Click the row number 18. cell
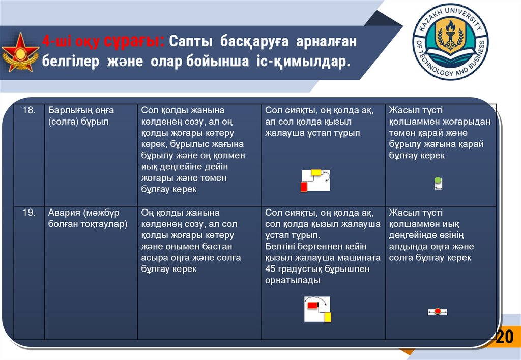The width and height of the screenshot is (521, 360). coord(28,110)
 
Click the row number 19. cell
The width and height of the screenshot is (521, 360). coord(28,213)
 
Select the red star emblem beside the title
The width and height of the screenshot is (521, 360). coord(20,52)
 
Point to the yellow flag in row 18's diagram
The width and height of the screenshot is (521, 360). coord(316,172)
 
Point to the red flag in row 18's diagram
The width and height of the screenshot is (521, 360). coord(304,187)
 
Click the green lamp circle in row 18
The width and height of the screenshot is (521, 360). coord(438,180)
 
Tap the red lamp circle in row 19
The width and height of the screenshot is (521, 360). coord(438,311)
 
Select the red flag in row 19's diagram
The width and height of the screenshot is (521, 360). coord(311,305)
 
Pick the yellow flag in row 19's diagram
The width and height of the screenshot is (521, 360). coord(327,317)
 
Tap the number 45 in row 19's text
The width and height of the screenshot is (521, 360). coord(270,269)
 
